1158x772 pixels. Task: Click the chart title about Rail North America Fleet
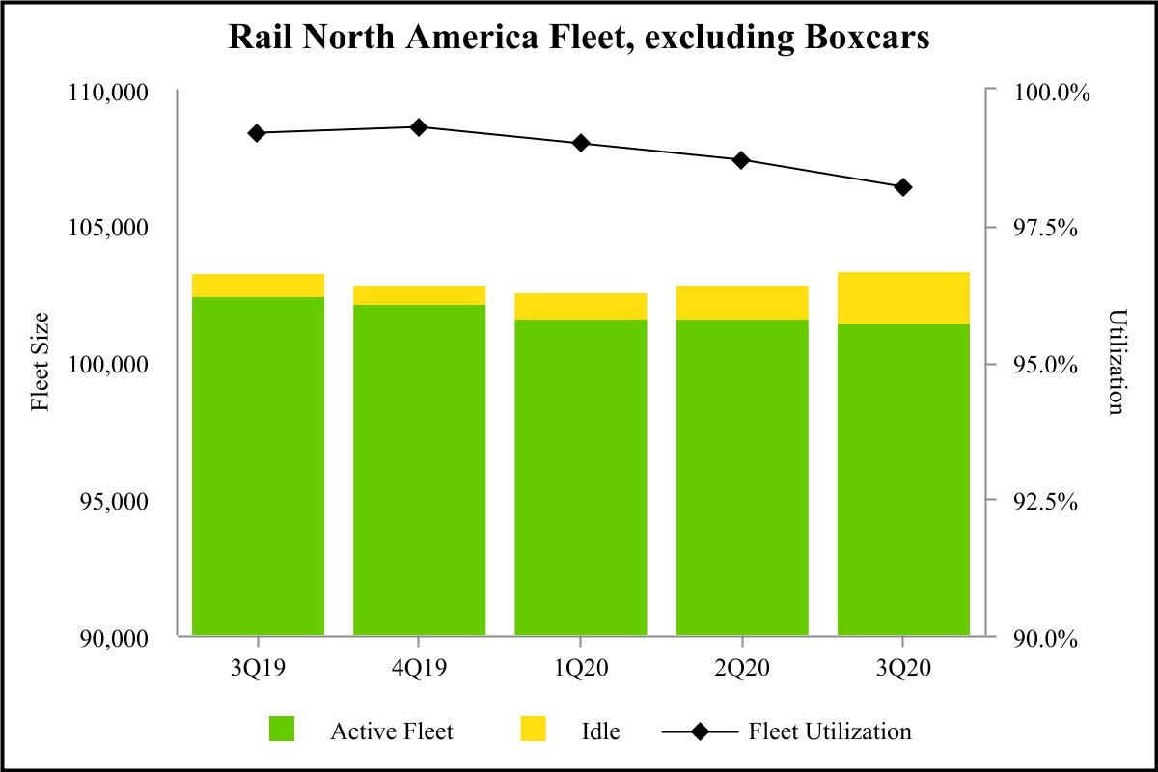pyautogui.click(x=578, y=37)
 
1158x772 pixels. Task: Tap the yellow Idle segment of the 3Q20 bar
pyautogui.click(x=902, y=297)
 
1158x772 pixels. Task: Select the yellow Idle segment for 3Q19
pyautogui.click(x=258, y=286)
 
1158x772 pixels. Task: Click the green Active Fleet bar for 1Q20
pyautogui.click(x=580, y=478)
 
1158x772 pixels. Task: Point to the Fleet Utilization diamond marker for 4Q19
pyautogui.click(x=419, y=127)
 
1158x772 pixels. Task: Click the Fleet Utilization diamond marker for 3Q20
pyautogui.click(x=903, y=187)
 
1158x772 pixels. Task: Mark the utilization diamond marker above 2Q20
pyautogui.click(x=741, y=160)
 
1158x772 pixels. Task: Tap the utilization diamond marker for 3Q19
pyautogui.click(x=257, y=133)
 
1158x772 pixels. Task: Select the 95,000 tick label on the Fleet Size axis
pyautogui.click(x=110, y=502)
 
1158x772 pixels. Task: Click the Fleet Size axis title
pyautogui.click(x=40, y=365)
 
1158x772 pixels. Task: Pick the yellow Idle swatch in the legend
pyautogui.click(x=533, y=730)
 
